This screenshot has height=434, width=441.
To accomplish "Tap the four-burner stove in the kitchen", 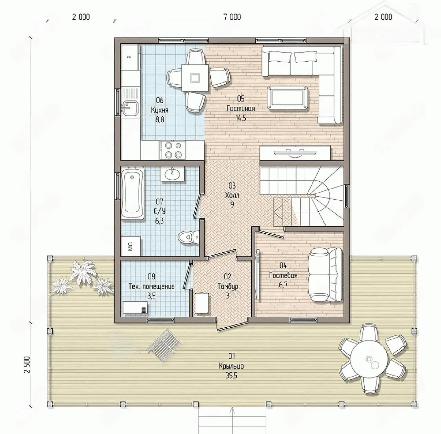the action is (173, 150).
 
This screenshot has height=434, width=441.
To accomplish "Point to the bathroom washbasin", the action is (172, 174).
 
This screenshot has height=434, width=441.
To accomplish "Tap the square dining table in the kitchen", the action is (195, 78).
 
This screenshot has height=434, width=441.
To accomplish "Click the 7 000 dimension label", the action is (232, 17).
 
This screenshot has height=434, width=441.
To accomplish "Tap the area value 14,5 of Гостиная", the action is (241, 118).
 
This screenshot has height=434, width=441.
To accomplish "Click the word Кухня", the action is (160, 110).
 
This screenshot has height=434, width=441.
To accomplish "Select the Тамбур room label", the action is (228, 286).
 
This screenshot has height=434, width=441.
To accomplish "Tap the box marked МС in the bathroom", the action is (131, 246).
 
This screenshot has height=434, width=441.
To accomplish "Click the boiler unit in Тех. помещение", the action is (135, 308).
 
